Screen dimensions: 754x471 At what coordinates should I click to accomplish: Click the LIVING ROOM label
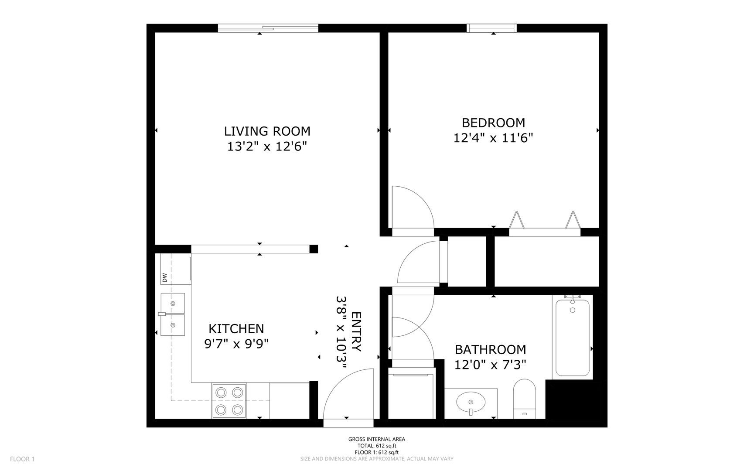click(267, 131)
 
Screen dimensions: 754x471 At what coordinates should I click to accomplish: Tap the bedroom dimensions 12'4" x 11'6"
click(494, 138)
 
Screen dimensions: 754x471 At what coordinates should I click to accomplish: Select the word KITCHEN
click(236, 328)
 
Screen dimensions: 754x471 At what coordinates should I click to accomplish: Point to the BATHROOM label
click(491, 349)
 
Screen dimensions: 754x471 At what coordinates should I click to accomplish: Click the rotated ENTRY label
click(356, 331)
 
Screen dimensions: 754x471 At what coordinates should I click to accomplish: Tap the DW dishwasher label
click(165, 277)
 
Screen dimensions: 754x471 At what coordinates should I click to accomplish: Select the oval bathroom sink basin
click(471, 400)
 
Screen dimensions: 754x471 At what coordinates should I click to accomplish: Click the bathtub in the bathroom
click(573, 337)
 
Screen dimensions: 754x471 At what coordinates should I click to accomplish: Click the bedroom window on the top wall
click(492, 28)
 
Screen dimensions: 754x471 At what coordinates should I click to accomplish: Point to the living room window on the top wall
click(268, 28)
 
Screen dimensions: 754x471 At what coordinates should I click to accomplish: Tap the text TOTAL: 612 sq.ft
click(377, 446)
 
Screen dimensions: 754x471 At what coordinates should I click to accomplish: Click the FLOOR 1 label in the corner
click(22, 459)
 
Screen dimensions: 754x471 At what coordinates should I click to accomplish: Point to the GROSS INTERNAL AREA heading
click(377, 439)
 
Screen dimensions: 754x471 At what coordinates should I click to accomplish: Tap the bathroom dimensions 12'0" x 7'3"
click(491, 365)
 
